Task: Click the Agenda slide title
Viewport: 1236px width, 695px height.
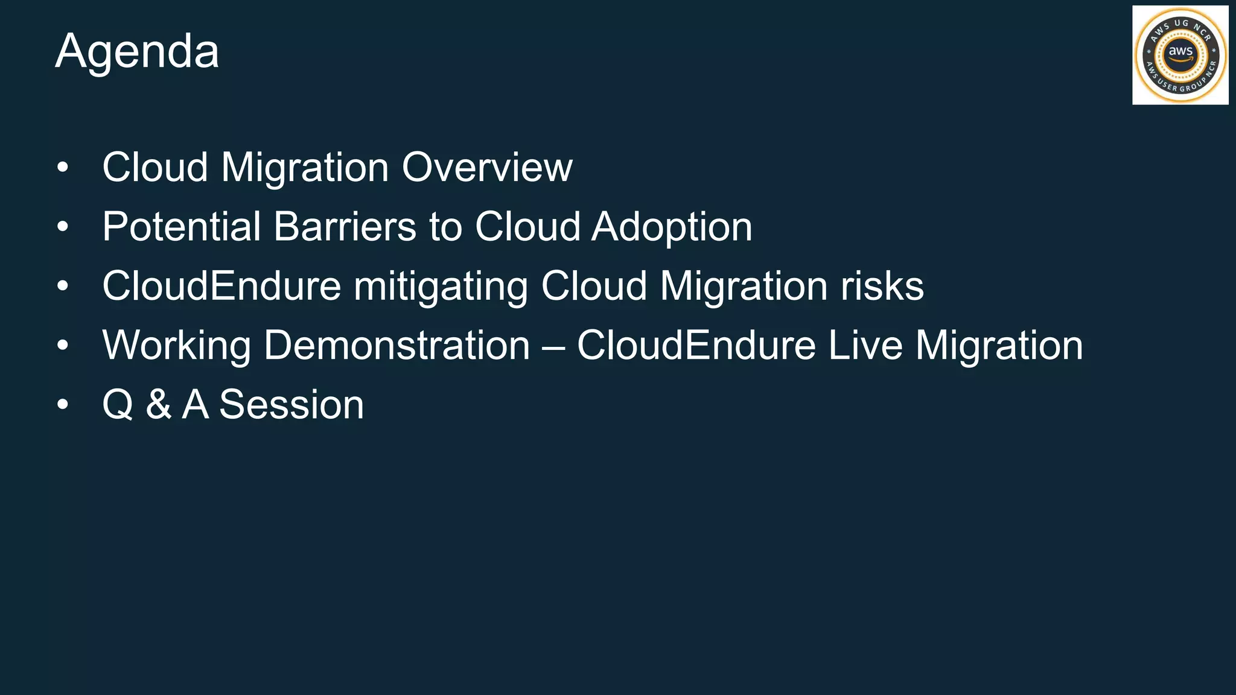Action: click(137, 52)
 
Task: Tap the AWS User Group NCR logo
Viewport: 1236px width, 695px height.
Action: click(1180, 55)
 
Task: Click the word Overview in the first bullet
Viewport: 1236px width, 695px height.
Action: click(487, 167)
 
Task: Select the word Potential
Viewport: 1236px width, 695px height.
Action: click(182, 227)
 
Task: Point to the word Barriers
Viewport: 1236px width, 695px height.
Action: click(345, 227)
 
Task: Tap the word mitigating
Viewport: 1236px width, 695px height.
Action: click(441, 287)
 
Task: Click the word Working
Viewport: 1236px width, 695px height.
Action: click(176, 346)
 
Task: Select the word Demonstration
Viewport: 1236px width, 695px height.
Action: click(397, 345)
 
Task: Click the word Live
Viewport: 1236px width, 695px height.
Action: click(865, 345)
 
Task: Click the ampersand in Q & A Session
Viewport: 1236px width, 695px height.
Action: click(158, 404)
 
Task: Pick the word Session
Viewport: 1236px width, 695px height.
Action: click(291, 404)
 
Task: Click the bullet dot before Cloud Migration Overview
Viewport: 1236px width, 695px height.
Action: click(63, 168)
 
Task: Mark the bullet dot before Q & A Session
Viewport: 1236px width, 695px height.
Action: click(63, 405)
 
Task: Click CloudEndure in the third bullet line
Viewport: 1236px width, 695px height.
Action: click(221, 286)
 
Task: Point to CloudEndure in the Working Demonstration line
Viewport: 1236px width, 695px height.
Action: click(696, 345)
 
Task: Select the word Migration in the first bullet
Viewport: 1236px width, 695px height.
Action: click(305, 168)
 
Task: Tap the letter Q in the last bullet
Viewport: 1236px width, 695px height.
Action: click(118, 405)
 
